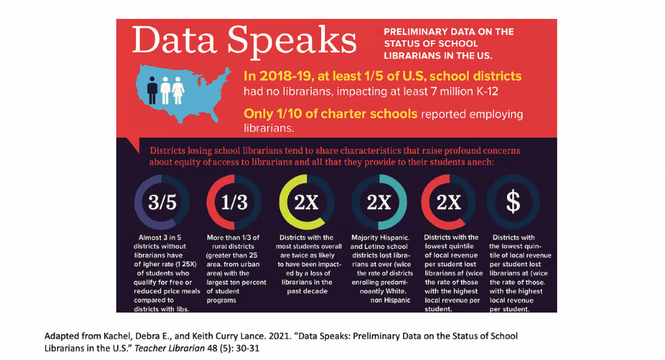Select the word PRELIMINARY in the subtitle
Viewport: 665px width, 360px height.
[413, 32]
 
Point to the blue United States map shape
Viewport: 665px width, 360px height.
[195, 97]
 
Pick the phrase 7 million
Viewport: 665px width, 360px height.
[444, 92]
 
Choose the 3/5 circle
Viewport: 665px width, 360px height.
[163, 202]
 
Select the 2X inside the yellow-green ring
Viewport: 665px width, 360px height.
[306, 202]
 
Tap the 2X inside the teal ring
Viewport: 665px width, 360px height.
[378, 202]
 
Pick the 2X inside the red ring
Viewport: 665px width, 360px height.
[449, 202]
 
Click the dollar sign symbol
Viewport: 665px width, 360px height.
[514, 202]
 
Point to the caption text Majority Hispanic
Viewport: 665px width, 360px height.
[380, 238]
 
